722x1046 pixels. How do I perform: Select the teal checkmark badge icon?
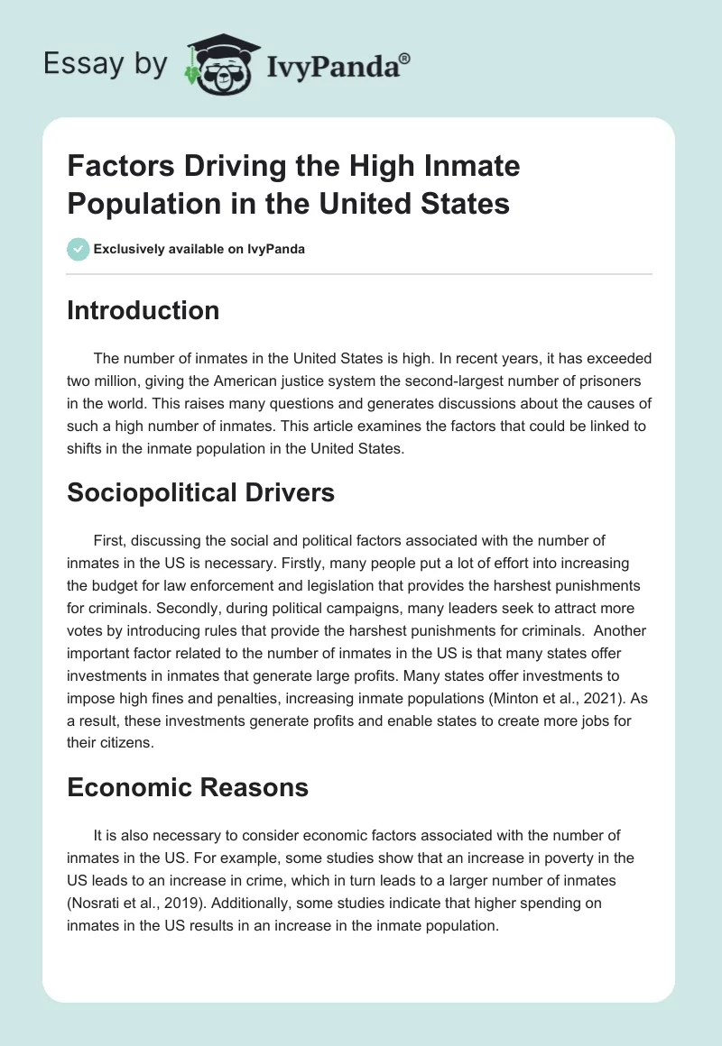(79, 249)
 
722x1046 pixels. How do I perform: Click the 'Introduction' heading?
(143, 310)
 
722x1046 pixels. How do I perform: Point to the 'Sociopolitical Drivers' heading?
(200, 492)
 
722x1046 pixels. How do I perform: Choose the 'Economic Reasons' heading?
(188, 787)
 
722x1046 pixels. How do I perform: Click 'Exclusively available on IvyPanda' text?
(199, 249)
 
